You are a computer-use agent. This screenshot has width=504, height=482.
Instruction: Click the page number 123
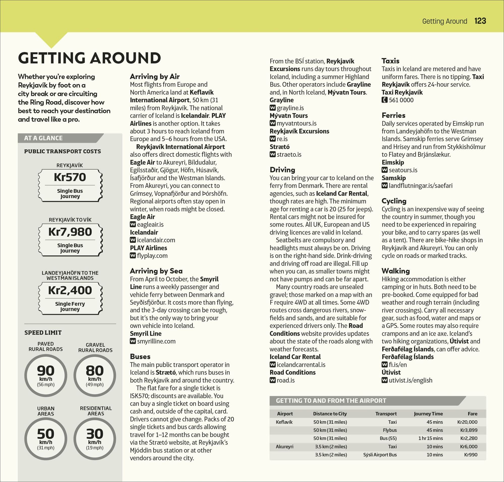480,21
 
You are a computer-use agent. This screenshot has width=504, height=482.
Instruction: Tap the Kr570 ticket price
70,177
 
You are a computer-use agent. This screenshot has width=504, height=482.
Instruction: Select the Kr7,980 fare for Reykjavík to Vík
70,232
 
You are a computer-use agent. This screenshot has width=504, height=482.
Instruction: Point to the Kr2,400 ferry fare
70,290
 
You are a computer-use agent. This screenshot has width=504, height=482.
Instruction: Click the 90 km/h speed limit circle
46,375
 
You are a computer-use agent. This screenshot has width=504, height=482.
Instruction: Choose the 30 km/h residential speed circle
95,438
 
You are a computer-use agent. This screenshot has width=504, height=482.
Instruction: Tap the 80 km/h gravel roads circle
95,375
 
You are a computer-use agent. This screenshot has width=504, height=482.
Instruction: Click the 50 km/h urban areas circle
46,438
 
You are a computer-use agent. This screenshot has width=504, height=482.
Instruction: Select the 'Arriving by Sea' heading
156,271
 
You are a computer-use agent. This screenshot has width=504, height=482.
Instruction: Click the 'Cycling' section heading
394,201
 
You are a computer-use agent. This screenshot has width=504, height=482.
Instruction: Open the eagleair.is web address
150,225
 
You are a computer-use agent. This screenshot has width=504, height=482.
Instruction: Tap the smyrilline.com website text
156,341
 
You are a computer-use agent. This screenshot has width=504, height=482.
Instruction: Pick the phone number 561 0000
401,100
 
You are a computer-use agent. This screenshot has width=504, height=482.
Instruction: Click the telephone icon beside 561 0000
384,100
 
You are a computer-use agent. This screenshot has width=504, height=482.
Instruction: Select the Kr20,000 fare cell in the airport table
467,422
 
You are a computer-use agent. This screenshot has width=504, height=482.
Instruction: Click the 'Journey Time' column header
428,414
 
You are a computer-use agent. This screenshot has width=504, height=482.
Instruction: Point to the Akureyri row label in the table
284,446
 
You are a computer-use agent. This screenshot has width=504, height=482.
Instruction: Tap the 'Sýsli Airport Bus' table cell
380,455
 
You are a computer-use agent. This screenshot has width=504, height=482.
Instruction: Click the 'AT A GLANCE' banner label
43,138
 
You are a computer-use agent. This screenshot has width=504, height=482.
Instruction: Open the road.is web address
286,380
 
